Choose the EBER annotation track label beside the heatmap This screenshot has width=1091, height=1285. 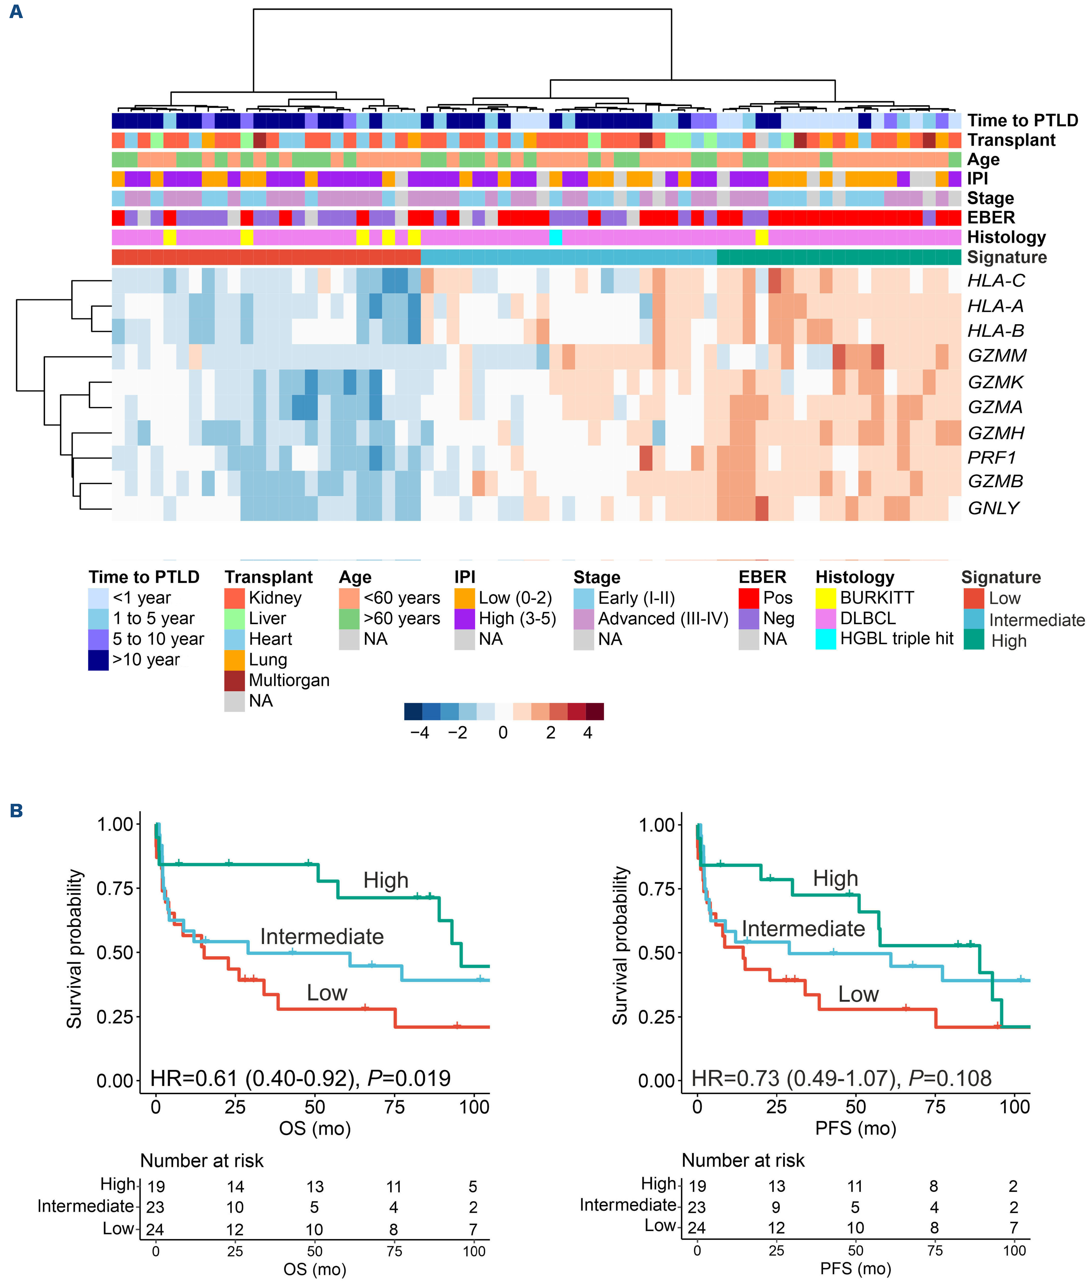click(x=991, y=218)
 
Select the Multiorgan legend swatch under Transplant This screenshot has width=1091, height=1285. click(x=234, y=680)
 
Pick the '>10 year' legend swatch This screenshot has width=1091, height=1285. click(x=98, y=660)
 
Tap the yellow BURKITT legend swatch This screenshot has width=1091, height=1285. click(x=826, y=598)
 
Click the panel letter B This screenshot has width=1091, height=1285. click(x=16, y=811)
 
